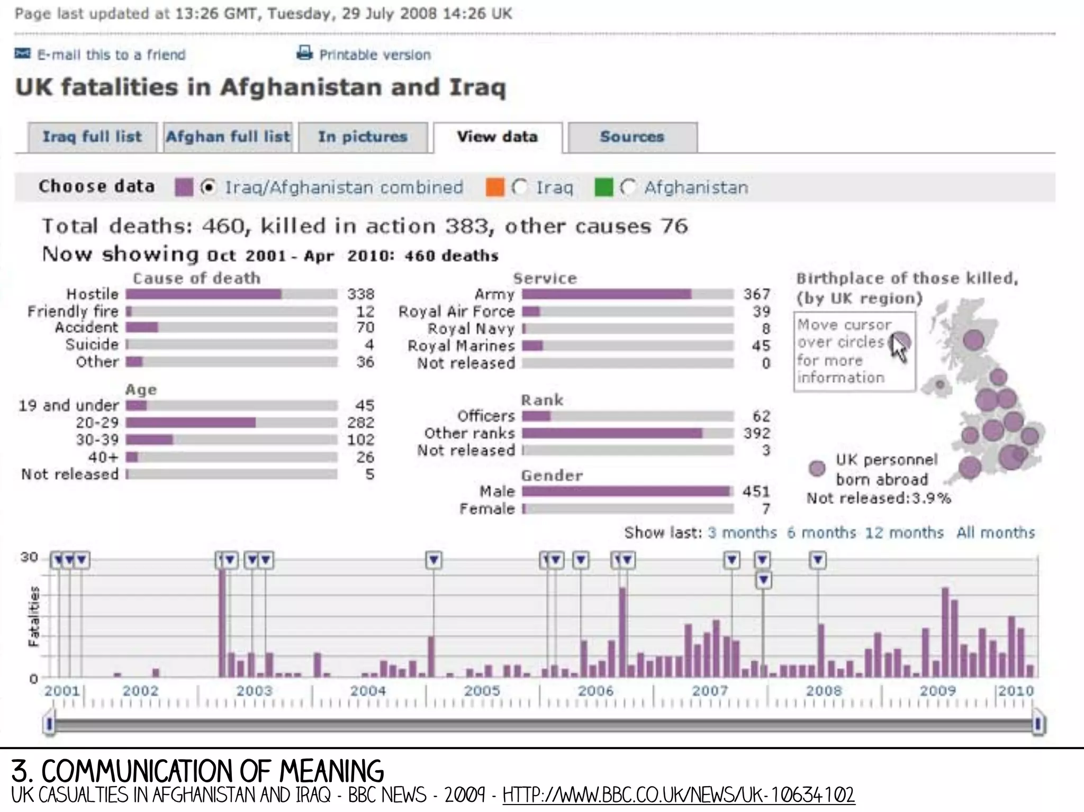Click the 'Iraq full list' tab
point(92,137)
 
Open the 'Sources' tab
point(632,137)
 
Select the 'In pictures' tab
point(363,137)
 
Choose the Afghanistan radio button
point(628,187)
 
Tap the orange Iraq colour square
point(494,187)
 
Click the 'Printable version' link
point(374,54)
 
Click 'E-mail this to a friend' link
point(111,54)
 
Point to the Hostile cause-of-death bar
point(204,294)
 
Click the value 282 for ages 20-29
point(360,423)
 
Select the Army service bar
point(606,294)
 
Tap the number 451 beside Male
point(756,491)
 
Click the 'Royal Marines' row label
point(460,346)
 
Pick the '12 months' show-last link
point(904,533)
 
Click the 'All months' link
point(995,533)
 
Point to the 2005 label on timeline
point(482,691)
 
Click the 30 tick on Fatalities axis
point(29,557)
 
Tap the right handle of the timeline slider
point(1038,724)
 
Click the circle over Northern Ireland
point(940,385)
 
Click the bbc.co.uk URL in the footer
point(679,795)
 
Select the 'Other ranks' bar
point(612,433)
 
